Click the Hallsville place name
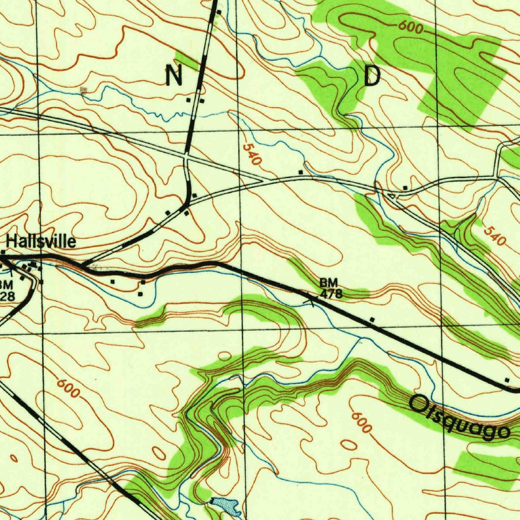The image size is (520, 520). click(x=41, y=242)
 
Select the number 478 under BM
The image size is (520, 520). click(x=331, y=294)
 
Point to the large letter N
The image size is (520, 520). click(x=174, y=76)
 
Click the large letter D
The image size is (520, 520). click(x=372, y=76)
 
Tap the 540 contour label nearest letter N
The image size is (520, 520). click(x=251, y=155)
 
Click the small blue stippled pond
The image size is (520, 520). click(x=225, y=505)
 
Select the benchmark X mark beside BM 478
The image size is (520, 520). click(x=310, y=302)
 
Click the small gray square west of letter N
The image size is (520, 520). click(x=84, y=90)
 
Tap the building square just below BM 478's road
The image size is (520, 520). click(x=372, y=319)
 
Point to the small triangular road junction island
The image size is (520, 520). click(x=391, y=196)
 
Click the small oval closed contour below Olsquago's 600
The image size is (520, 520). click(x=349, y=445)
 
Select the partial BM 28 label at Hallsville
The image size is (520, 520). click(x=7, y=290)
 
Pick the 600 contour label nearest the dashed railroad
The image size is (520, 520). click(x=68, y=388)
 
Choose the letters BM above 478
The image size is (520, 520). click(x=329, y=282)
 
